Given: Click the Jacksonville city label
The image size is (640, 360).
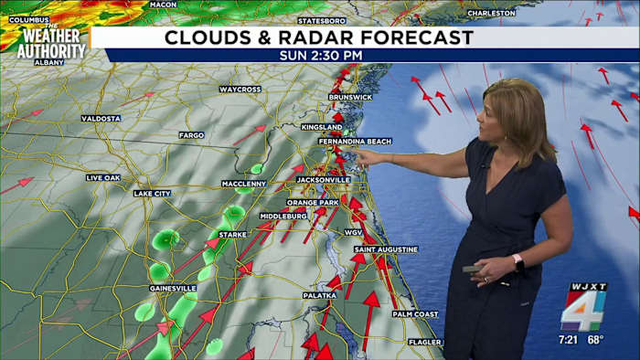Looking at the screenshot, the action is tap(323, 180).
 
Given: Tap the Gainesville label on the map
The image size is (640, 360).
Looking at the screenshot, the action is tap(173, 288).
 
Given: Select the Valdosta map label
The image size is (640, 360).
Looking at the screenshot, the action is tap(101, 119).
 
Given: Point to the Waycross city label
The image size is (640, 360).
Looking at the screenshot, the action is tap(240, 90).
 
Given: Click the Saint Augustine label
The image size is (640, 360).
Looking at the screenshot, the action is tap(386, 249).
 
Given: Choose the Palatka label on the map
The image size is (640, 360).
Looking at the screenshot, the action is tap(320, 295).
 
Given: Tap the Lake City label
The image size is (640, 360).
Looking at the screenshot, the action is tap(152, 194).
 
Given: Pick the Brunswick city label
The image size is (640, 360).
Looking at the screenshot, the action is tap(351, 97).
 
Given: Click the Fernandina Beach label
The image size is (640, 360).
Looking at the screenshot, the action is tap(355, 142).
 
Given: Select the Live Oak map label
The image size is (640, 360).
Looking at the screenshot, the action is tap(103, 177).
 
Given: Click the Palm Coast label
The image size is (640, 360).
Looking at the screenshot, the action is tap(416, 314).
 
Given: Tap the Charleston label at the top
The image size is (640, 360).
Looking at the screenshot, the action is tap(491, 14).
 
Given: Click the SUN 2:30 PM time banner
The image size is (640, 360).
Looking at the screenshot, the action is tap(320, 56).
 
